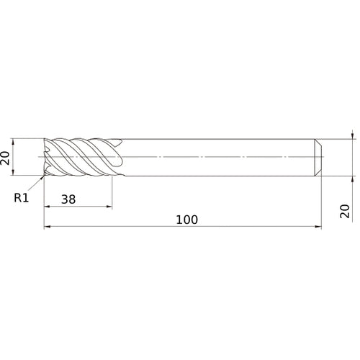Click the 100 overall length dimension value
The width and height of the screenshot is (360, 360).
click(x=186, y=219)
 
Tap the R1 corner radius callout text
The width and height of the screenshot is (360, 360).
click(x=21, y=197)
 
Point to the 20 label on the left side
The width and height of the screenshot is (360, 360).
click(x=8, y=157)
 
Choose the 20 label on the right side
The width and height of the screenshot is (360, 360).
click(x=345, y=210)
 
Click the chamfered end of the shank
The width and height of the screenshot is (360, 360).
click(x=318, y=157)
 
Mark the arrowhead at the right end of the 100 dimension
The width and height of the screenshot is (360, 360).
click(x=317, y=228)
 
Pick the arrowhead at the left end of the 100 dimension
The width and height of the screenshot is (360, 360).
click(x=48, y=228)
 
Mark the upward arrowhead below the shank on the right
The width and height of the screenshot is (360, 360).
click(x=352, y=178)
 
